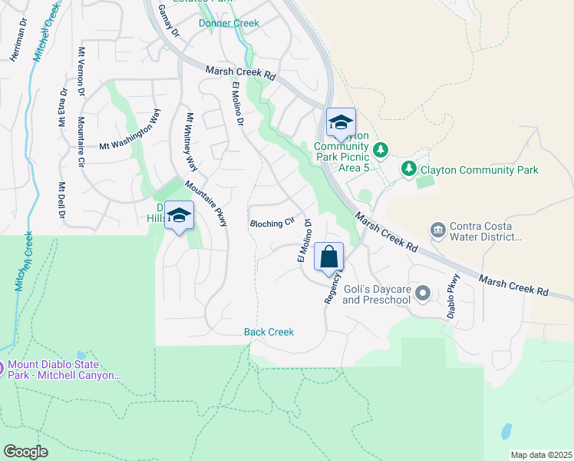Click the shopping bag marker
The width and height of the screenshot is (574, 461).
[328, 257]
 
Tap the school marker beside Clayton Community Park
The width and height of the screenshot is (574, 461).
[341, 123]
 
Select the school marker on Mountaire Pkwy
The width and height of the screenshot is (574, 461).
[179, 216]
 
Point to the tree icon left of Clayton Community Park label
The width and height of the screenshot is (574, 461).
[409, 168]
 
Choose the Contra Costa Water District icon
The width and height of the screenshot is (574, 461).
[437, 230]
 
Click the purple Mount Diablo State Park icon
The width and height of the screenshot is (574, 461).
[2, 369]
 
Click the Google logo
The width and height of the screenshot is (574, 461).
[25, 452]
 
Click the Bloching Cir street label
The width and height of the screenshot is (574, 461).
[272, 223]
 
